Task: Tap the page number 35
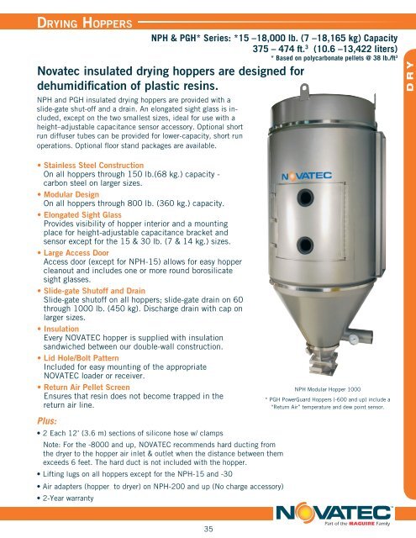pyautogui.click(x=208, y=528)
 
